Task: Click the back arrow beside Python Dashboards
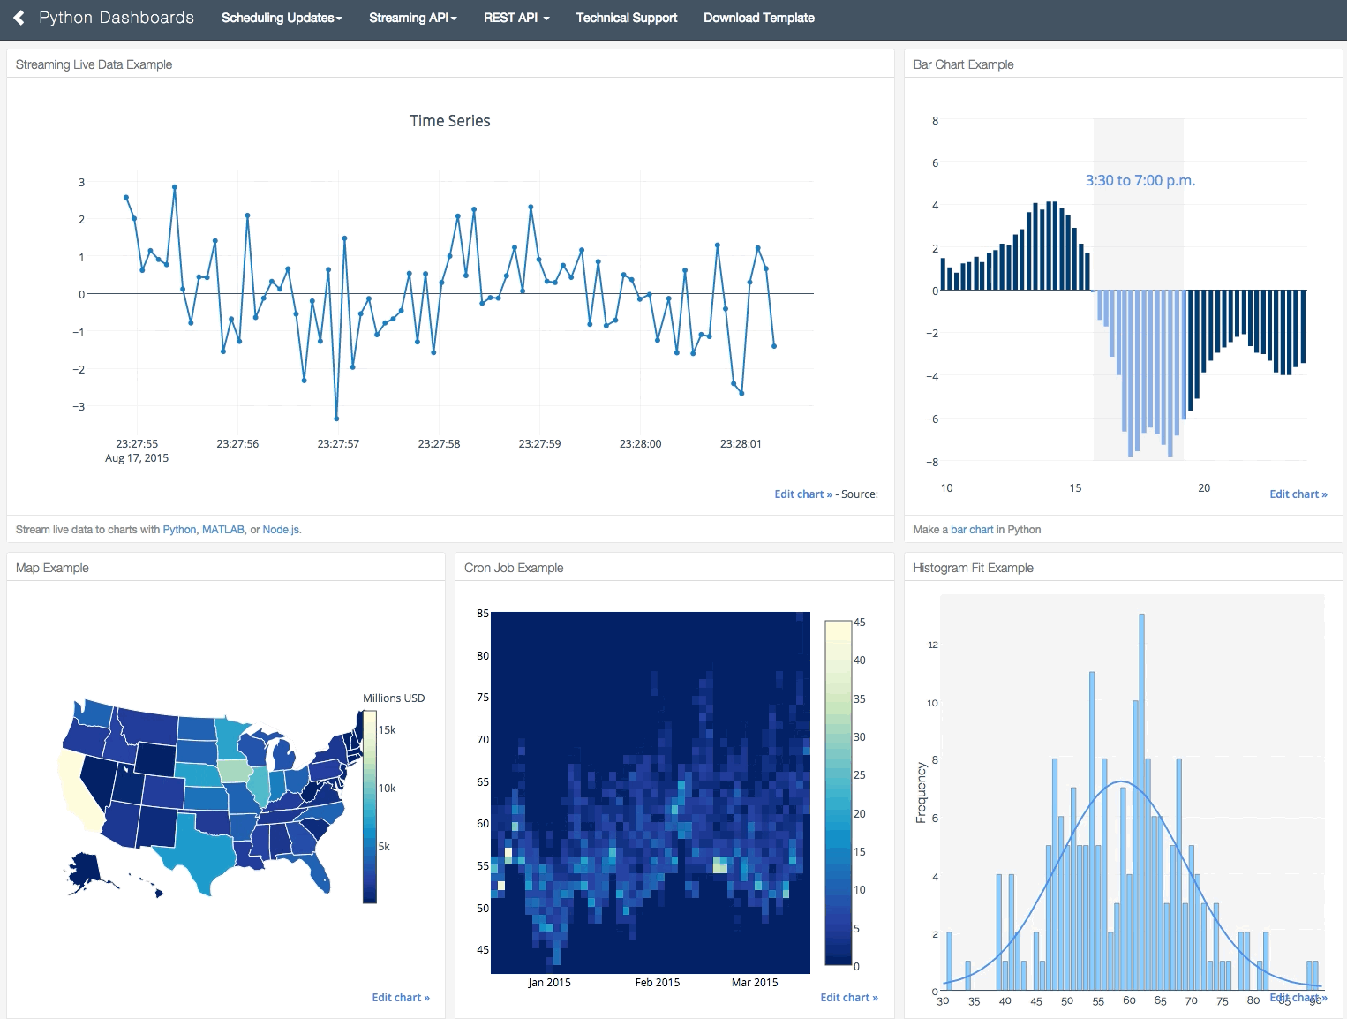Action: [x=19, y=18]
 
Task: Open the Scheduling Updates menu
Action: [x=281, y=18]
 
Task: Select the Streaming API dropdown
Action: [x=412, y=18]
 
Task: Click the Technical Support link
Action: [x=626, y=18]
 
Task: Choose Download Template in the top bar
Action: [x=758, y=18]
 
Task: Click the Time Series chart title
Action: [x=449, y=121]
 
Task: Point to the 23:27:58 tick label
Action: [x=439, y=444]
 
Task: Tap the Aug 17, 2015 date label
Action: [x=137, y=458]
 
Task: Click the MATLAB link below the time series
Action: [x=223, y=530]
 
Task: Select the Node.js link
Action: [x=282, y=530]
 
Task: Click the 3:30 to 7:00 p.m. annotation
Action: [x=1140, y=181]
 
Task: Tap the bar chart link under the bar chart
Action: [x=972, y=530]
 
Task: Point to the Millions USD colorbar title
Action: [x=394, y=698]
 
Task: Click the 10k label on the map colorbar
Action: [x=388, y=789]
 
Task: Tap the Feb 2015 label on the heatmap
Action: [x=658, y=983]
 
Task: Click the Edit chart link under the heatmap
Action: [x=848, y=998]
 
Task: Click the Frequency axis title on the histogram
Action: [x=921, y=792]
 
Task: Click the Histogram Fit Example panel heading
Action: [x=973, y=568]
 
